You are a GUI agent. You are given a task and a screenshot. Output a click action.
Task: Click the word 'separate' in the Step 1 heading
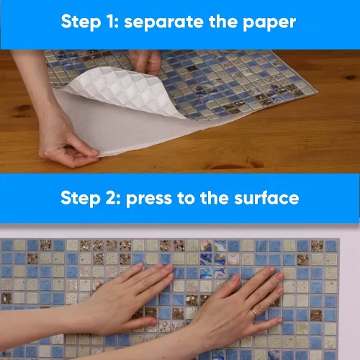[164, 22]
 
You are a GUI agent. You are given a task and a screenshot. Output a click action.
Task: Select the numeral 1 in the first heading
[111, 22]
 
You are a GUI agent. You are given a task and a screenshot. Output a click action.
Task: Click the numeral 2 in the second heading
[111, 198]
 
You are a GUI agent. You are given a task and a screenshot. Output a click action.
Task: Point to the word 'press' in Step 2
[149, 199]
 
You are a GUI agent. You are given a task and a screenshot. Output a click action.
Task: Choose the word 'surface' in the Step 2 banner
[266, 198]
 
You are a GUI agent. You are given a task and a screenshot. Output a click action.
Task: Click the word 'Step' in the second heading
[80, 199]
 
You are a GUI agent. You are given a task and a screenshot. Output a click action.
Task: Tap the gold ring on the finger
[254, 312]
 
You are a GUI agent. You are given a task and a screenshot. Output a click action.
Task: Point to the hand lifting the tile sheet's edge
[146, 61]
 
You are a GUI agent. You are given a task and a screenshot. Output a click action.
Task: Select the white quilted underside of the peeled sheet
[125, 91]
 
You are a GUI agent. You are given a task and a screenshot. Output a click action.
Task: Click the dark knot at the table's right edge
[351, 78]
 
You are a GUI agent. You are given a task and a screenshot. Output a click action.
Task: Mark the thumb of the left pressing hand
[142, 322]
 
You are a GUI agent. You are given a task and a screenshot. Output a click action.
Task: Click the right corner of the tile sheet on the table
[318, 92]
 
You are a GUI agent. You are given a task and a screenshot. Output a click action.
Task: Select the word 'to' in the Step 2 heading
[186, 198]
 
